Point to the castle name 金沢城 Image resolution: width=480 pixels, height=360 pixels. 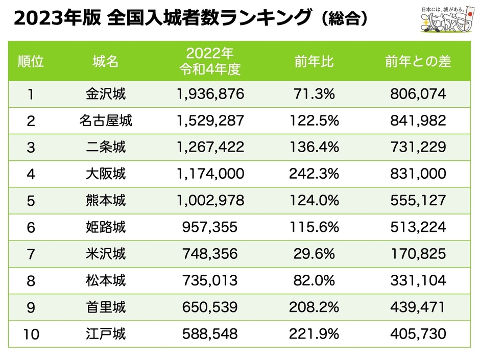106,94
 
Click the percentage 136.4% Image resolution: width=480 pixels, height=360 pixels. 315,148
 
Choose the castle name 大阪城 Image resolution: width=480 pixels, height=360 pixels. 106,174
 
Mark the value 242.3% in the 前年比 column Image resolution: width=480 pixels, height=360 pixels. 315,174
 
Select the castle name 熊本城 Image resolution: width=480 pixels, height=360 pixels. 106,201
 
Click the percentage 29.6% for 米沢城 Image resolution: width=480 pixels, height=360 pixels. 315,254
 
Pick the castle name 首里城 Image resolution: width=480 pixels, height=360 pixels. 106,307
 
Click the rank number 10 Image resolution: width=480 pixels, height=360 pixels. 31,334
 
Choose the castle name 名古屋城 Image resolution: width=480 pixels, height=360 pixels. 106,121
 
